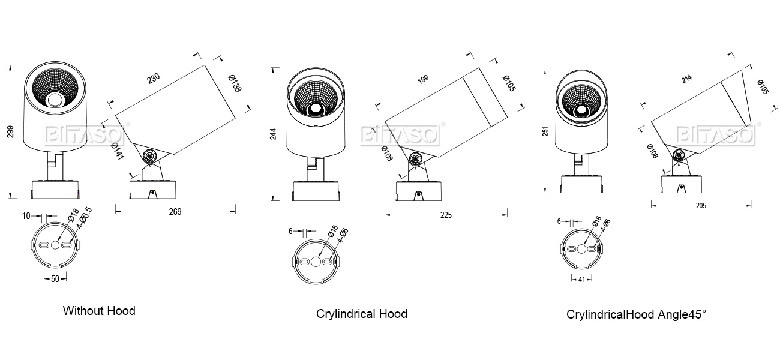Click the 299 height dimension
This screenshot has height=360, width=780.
tap(11, 132)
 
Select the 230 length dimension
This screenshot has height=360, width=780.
tap(154, 79)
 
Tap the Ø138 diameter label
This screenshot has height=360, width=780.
tap(235, 83)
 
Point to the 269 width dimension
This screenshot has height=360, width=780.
tap(175, 212)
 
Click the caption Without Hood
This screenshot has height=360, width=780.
tap(99, 311)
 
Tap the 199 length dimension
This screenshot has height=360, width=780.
tap(423, 80)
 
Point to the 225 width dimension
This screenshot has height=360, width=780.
tap(445, 215)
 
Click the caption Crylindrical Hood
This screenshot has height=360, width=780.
tap(362, 314)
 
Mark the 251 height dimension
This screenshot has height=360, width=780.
tap(545, 131)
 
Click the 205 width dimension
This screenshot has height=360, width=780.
tap(701, 206)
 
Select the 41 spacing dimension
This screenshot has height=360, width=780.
tap(581, 279)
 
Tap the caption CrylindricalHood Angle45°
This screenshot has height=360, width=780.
tap(637, 314)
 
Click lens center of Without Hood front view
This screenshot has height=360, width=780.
tap(56, 100)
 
